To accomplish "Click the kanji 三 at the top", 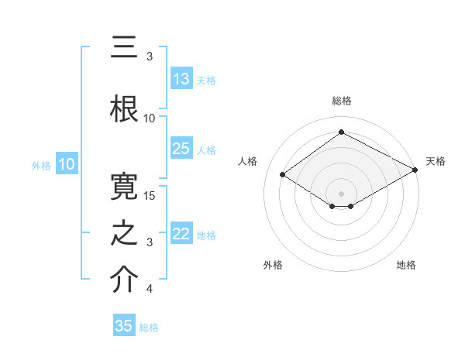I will [x=124, y=48].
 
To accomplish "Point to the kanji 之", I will [x=124, y=232].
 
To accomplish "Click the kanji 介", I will [x=124, y=280].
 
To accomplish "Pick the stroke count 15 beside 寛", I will [x=150, y=196].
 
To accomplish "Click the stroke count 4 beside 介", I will [x=150, y=290].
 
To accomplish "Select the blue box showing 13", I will [x=181, y=79].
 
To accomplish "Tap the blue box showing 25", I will [x=181, y=149].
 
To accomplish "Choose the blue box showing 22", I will [x=181, y=234].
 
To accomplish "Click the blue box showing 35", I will [x=124, y=326].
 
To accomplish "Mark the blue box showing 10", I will [x=66, y=164].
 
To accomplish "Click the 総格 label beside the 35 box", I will [x=149, y=328].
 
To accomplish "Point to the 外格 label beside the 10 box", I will [x=41, y=165].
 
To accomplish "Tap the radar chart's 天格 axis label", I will [x=436, y=161].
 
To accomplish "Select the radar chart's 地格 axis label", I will [x=406, y=265].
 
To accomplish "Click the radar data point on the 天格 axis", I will [x=416, y=170].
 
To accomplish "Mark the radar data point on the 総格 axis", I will [x=341, y=132].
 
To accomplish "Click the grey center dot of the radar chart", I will [x=341, y=193].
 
